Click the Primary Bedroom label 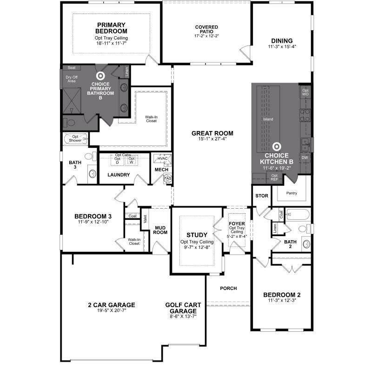(112, 28)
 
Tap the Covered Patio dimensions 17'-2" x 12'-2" (206, 36)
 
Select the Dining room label (282, 40)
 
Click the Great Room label (212, 133)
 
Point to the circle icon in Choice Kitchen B (277, 146)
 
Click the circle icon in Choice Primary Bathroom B (100, 75)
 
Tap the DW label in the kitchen (305, 158)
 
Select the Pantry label (291, 193)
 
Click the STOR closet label (262, 196)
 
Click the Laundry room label (118, 175)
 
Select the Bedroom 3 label (93, 216)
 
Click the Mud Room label (160, 230)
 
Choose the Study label (197, 235)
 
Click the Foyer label (237, 223)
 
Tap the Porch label (228, 289)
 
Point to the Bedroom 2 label (282, 295)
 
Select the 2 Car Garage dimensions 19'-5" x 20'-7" (111, 311)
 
